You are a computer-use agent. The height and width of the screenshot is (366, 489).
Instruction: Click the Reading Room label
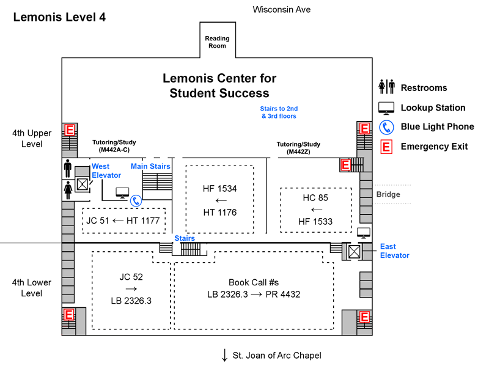click(x=217, y=42)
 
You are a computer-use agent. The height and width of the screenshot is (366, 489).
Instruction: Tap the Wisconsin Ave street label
click(x=281, y=10)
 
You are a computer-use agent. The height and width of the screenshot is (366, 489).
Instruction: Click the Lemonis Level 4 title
click(x=59, y=18)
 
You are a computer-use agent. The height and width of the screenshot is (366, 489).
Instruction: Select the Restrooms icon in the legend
click(x=387, y=87)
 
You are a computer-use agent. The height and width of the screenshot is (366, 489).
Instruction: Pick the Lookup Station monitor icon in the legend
click(x=387, y=108)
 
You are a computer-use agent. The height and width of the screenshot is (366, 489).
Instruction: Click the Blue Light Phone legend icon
click(x=387, y=127)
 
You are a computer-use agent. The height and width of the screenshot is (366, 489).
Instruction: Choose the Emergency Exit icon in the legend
click(x=387, y=147)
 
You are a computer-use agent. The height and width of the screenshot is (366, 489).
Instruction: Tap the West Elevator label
click(x=106, y=171)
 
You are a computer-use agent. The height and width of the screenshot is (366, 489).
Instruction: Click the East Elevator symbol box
click(x=354, y=251)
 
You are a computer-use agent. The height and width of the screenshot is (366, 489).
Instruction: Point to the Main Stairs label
click(x=150, y=166)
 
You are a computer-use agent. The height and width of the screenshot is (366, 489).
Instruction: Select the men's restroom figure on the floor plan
click(x=68, y=168)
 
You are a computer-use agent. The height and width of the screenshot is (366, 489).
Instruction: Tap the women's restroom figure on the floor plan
click(x=68, y=189)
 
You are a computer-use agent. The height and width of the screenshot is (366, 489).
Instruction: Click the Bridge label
click(x=388, y=194)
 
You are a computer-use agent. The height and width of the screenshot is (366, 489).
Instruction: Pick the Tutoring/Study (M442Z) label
click(x=298, y=148)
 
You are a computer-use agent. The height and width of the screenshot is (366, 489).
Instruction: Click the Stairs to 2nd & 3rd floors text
click(x=279, y=112)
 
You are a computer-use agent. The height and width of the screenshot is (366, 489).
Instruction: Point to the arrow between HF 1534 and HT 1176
click(x=220, y=200)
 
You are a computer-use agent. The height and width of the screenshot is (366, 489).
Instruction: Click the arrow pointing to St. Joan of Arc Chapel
click(x=225, y=355)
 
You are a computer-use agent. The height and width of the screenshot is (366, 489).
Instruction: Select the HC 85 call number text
click(x=316, y=199)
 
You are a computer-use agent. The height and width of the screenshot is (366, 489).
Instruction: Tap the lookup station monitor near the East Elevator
click(x=364, y=232)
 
